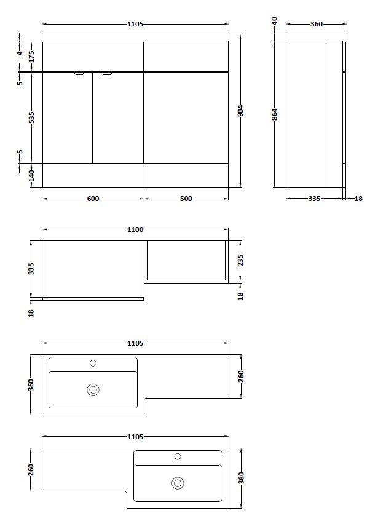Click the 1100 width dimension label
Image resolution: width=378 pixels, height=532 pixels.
(x=135, y=229)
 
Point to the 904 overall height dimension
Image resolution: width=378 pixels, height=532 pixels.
(x=241, y=111)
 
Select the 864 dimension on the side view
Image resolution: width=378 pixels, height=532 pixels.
(x=275, y=114)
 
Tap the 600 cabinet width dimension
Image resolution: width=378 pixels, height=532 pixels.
(x=93, y=199)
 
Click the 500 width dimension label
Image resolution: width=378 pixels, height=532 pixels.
(x=186, y=199)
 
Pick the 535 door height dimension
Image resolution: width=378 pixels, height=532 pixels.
(x=31, y=117)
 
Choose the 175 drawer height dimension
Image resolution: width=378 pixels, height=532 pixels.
(x=31, y=57)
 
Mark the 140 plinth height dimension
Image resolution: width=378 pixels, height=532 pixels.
(x=31, y=175)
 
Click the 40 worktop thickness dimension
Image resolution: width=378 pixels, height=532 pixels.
(x=275, y=21)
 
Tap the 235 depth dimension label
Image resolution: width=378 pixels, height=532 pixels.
(x=241, y=260)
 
